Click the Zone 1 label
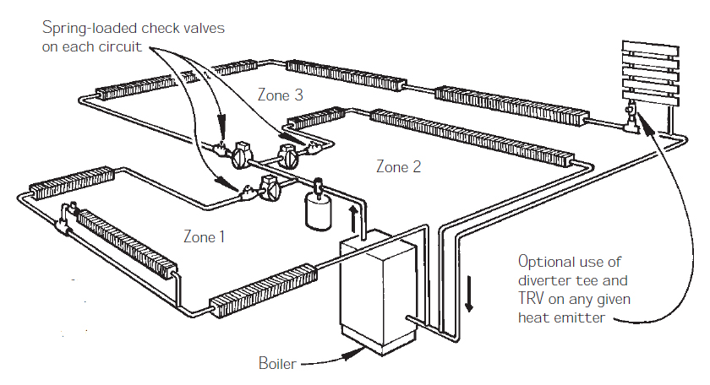tap(204, 236)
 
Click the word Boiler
tap(278, 365)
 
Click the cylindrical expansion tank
tap(318, 210)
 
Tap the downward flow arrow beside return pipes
tap(470, 293)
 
